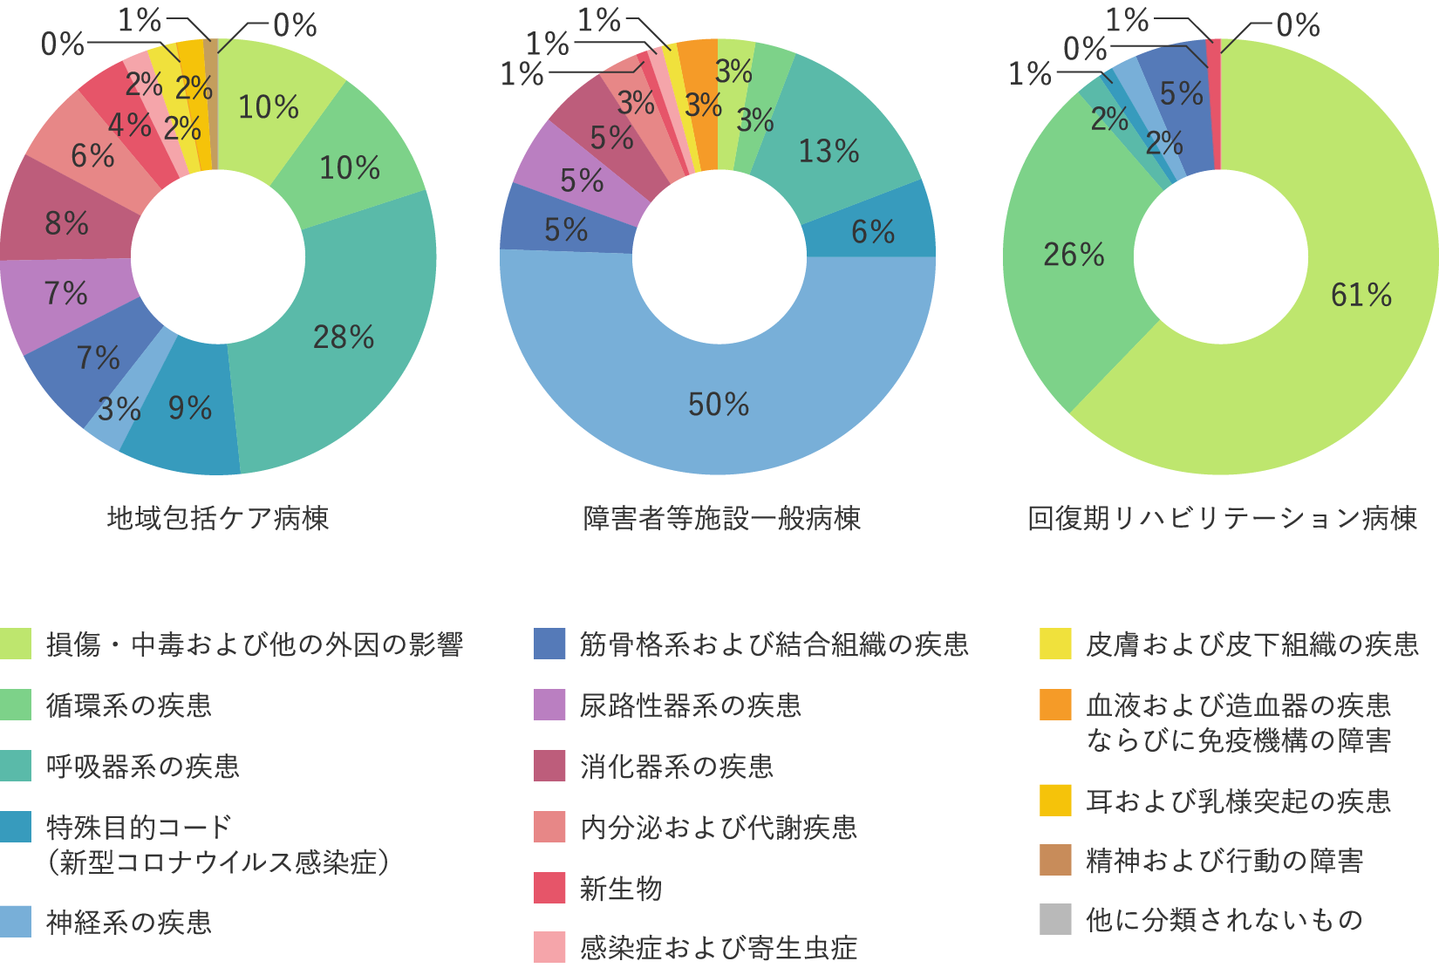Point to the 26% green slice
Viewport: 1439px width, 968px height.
[x=1074, y=255]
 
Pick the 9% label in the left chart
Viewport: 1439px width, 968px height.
[x=190, y=408]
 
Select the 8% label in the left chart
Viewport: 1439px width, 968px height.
[x=67, y=223]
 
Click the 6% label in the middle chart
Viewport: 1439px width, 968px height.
[x=873, y=232]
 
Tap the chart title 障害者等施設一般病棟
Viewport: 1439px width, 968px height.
[x=721, y=519]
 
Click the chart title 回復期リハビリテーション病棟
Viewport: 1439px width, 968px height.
[x=1222, y=519]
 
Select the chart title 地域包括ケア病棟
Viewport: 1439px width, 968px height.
[x=218, y=519]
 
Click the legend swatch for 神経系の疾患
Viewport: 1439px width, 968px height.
[x=16, y=922]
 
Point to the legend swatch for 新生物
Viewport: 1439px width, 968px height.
[x=549, y=888]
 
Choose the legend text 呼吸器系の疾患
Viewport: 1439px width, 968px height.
[x=142, y=767]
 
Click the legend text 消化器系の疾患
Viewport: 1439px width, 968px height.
[x=676, y=767]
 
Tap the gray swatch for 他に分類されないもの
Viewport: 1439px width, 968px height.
[x=1055, y=919]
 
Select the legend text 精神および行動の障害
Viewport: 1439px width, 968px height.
[x=1224, y=861]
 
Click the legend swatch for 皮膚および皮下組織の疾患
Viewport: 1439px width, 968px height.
[x=1055, y=644]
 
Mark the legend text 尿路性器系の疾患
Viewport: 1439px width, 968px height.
[x=690, y=706]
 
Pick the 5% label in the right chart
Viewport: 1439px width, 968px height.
[x=1181, y=93]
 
